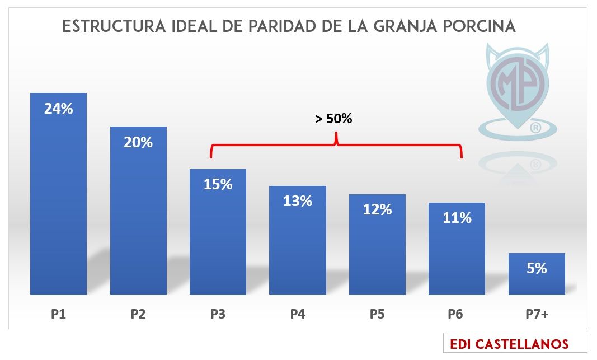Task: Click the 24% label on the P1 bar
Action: [x=59, y=109]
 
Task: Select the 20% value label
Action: [x=138, y=142]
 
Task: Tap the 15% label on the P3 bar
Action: [x=218, y=184]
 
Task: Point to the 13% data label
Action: [x=298, y=200]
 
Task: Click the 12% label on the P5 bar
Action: [x=377, y=209]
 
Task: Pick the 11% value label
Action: [x=457, y=218]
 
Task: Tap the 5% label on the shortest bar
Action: [x=537, y=268]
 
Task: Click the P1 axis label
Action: [x=59, y=314]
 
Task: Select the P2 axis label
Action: [x=138, y=314]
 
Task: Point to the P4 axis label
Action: [x=298, y=314]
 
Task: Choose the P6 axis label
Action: [x=457, y=314]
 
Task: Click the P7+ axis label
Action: [x=537, y=314]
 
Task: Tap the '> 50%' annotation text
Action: [x=334, y=119]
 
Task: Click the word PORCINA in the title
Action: [x=481, y=26]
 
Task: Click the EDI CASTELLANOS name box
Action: [x=515, y=343]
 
